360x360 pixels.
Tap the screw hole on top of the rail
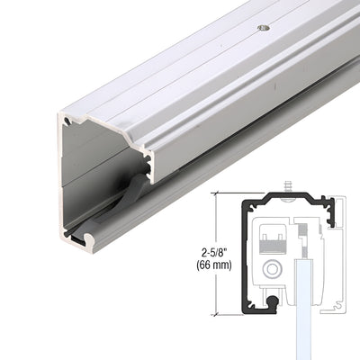click(x=263, y=28)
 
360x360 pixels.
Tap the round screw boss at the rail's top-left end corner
click(x=67, y=119)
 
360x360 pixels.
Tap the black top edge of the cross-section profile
click(x=279, y=194)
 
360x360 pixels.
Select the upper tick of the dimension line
click(x=220, y=192)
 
